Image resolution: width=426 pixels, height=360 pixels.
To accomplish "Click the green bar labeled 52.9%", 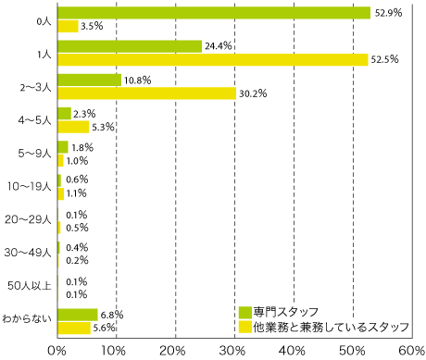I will tap(213, 13).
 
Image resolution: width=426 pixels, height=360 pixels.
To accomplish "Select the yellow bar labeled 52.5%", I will tap(212, 59).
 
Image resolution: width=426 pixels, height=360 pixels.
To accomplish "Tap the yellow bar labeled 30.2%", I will tap(146, 93).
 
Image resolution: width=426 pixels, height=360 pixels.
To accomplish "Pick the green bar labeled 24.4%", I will tap(129, 46).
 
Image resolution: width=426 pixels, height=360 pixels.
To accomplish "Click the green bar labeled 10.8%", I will tap(89, 80).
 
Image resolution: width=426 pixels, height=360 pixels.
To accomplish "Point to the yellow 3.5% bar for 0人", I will tap(68, 26).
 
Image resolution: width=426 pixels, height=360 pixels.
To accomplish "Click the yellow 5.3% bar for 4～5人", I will tap(73, 127).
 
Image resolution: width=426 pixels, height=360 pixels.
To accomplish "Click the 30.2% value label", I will tap(251, 93).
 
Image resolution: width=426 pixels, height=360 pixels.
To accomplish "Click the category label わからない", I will tap(28, 319).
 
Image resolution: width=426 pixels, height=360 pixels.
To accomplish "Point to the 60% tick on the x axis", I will tap(410, 350).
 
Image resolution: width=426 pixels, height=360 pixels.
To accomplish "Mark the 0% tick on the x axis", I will tap(57, 350).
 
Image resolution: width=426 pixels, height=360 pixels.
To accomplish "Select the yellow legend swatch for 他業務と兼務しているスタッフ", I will tap(244, 327).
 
